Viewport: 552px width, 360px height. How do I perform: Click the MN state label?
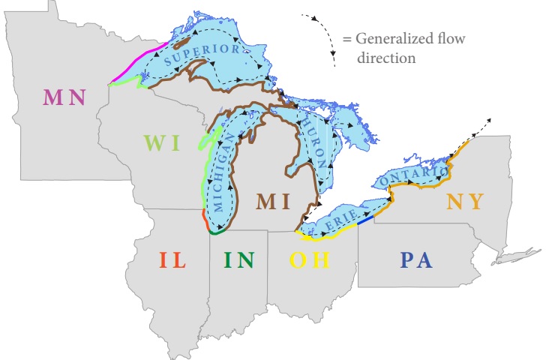click(64, 97)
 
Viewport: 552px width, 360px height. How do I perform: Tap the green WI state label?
click(161, 142)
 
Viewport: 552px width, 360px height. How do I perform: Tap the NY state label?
click(465, 201)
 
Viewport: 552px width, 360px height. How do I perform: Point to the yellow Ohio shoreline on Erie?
click(322, 237)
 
